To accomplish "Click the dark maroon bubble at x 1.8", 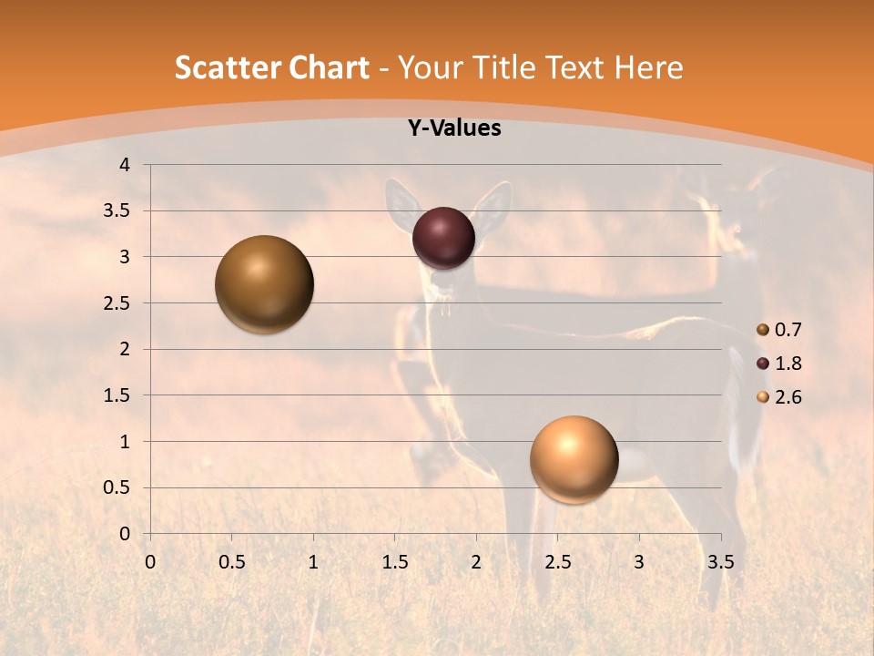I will point(444,238).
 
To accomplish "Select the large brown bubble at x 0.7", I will point(265,284).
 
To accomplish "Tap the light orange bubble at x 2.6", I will point(574,459).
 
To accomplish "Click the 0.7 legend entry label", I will point(788,330).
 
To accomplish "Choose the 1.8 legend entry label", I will point(788,364).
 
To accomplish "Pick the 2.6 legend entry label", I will point(788,397).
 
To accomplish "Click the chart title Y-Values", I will point(453,128).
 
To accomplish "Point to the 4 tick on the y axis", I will point(126,165).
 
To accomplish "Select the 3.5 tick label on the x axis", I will point(720,562).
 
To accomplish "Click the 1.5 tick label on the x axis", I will point(394,562).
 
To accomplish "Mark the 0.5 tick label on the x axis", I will point(231,562).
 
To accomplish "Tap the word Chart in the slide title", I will point(329,67).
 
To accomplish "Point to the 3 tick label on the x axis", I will point(639,562).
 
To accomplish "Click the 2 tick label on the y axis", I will point(126,349).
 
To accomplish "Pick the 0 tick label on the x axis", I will point(150,562).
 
